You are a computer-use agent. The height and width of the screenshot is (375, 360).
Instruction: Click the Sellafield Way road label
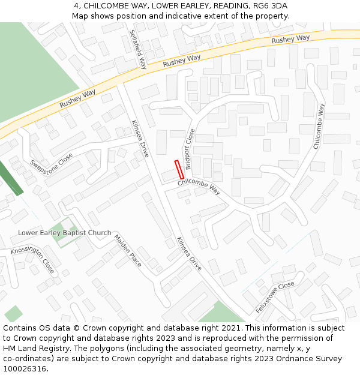[138, 50]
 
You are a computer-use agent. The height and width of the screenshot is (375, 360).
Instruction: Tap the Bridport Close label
[190, 149]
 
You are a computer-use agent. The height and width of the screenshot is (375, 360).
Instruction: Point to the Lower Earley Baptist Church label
[64, 233]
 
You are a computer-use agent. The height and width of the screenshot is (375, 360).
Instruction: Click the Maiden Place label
[127, 251]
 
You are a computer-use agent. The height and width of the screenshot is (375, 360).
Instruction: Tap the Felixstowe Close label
[275, 297]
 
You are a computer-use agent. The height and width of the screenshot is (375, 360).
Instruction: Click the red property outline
[178, 169]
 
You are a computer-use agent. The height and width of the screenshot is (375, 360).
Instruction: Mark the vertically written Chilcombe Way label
[319, 126]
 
